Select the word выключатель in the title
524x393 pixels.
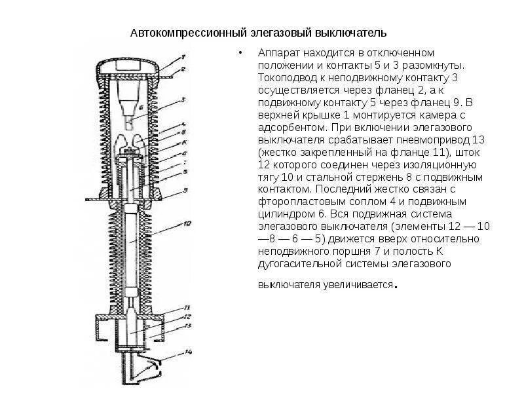click(x=352, y=33)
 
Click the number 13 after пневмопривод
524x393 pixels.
click(x=478, y=140)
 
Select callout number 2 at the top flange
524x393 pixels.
click(x=184, y=68)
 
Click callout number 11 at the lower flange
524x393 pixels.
click(x=187, y=307)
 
